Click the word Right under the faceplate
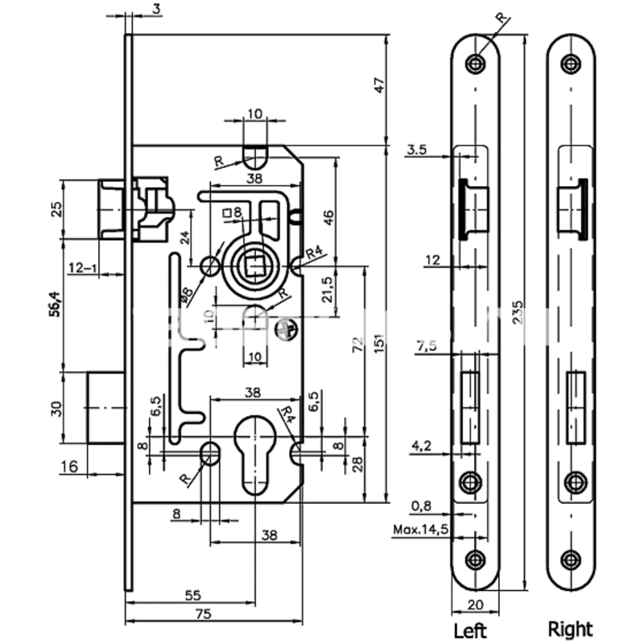(x=571, y=628)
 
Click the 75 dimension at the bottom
(x=203, y=614)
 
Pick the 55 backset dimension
(x=192, y=596)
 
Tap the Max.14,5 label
(x=421, y=530)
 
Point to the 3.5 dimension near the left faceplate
(x=418, y=149)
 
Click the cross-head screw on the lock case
(x=285, y=328)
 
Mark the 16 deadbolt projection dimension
(x=68, y=464)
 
